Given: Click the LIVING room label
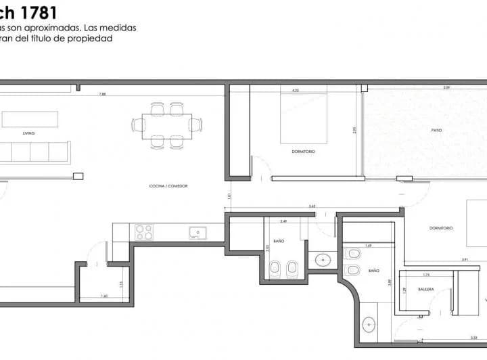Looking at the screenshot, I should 28,134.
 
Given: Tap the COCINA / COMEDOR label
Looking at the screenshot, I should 168,185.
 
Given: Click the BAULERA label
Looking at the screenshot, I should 426,289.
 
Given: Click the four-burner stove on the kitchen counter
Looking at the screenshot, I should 144,232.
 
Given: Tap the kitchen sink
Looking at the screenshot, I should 198,233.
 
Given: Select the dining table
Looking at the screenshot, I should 166,124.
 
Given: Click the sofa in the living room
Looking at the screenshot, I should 34,152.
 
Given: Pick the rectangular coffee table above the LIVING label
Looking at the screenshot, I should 30,119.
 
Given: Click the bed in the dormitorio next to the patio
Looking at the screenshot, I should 304,118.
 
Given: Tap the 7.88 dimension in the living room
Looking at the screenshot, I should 101,93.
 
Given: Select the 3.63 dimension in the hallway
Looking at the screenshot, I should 312,206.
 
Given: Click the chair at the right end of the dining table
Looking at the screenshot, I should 195,125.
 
